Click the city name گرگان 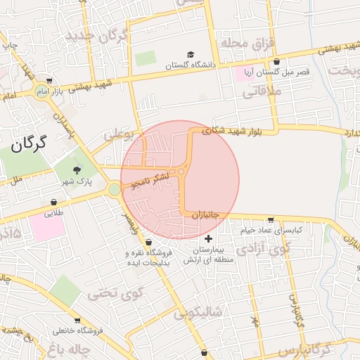(x=28, y=145)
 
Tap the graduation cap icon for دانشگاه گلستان (x=191, y=55)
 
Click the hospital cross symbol (x=208, y=239)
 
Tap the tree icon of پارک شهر (x=77, y=169)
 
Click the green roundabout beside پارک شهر (x=115, y=188)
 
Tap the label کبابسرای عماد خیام (x=277, y=230)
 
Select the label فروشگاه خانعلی (x=77, y=330)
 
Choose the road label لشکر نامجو (x=150, y=181)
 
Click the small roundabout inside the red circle (x=181, y=171)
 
